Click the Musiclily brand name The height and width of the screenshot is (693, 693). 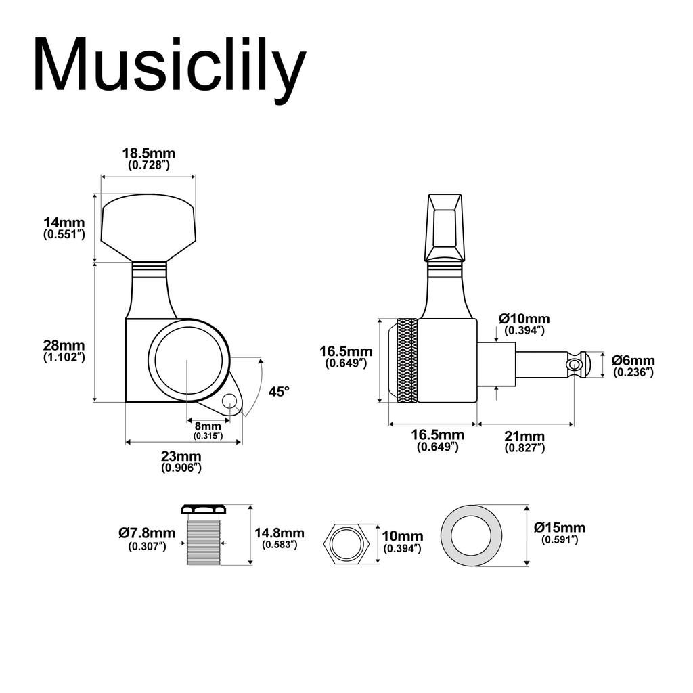click(169, 66)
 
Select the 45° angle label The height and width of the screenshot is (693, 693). click(278, 391)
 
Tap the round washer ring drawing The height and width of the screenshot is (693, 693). click(472, 535)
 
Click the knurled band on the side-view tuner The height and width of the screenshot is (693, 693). click(407, 361)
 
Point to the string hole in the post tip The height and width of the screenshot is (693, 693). click(575, 365)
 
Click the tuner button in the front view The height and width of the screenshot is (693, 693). click(148, 227)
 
